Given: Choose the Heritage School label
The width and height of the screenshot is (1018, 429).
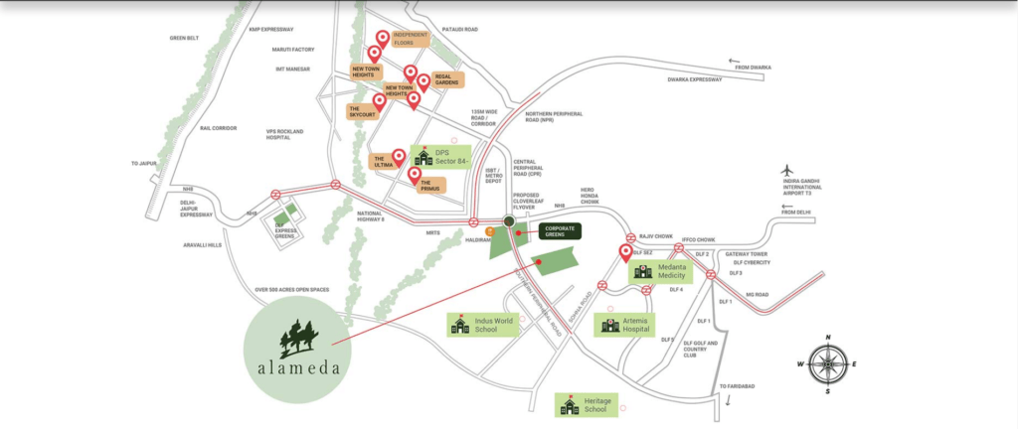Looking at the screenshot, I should click(587, 404).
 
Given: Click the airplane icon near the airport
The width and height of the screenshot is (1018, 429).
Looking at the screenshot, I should click(790, 170).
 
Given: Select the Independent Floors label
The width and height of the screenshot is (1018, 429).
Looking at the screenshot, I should click(410, 40).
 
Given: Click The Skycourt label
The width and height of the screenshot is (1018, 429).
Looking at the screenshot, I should click(361, 112).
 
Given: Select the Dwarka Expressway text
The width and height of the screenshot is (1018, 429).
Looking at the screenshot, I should click(695, 79).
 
